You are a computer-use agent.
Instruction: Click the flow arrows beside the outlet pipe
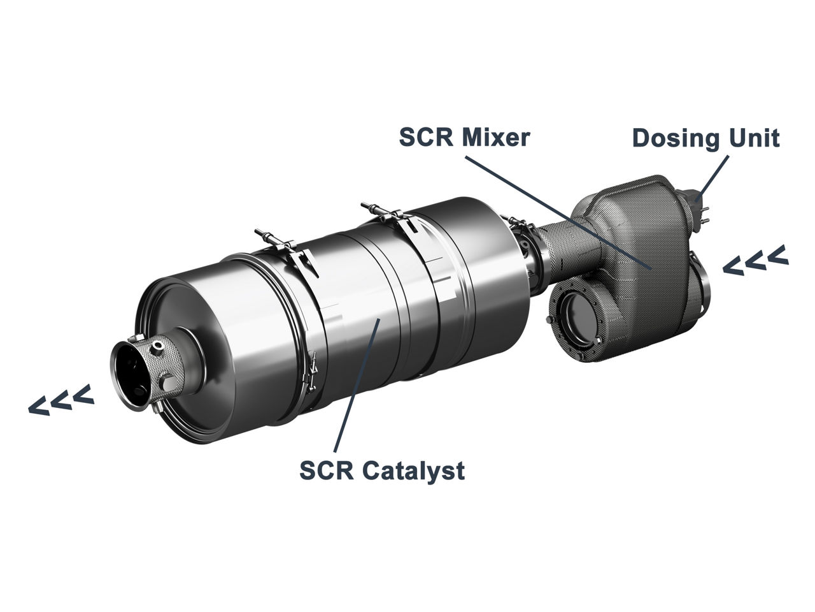click(x=61, y=400)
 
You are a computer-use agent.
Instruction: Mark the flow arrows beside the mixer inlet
click(x=756, y=261)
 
